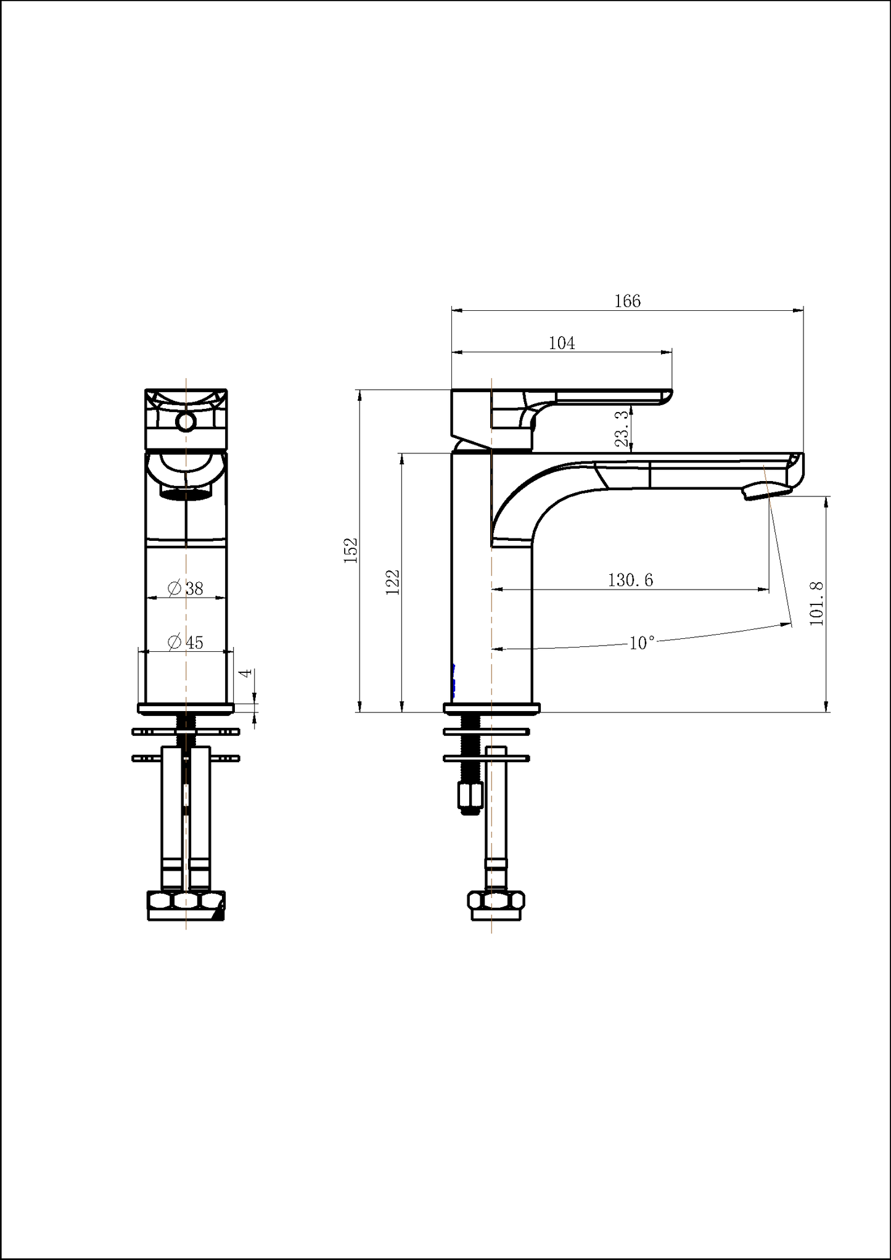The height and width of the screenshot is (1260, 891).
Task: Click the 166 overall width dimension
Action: (627, 301)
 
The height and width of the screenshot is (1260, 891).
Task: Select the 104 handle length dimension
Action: (562, 343)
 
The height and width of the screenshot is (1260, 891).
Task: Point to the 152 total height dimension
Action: (351, 550)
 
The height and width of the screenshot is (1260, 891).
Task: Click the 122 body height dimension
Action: (393, 582)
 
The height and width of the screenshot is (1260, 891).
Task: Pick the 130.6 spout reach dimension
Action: (630, 580)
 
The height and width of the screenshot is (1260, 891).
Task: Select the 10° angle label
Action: (641, 643)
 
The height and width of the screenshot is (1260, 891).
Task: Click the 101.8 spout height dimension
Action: (817, 603)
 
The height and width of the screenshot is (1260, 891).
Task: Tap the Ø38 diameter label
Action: (186, 588)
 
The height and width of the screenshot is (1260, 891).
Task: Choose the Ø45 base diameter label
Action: (186, 642)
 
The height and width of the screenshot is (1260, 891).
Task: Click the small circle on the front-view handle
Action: (185, 422)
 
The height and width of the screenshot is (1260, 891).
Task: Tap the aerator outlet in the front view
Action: (186, 492)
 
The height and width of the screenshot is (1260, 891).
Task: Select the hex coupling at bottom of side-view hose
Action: (496, 900)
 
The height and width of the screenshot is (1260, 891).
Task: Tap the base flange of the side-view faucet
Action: (491, 709)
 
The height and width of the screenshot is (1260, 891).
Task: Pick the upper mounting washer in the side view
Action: (487, 732)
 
